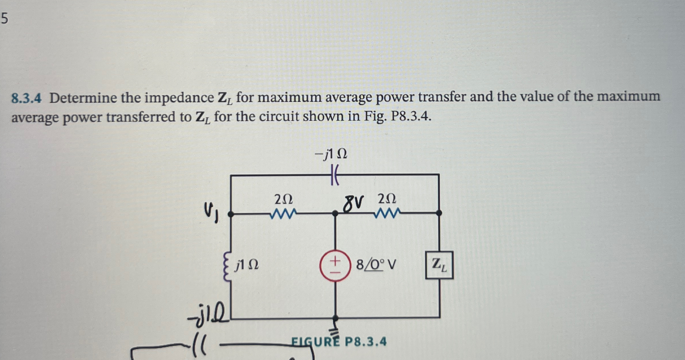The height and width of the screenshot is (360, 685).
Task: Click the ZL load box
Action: coord(439,265)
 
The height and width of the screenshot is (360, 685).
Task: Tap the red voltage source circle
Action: coord(335,265)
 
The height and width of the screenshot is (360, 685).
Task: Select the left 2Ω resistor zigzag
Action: coord(283,214)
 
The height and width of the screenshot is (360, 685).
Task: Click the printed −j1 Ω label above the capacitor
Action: coord(331,154)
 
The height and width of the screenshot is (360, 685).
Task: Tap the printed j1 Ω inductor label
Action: coord(247,265)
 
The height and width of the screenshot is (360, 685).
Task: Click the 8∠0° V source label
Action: coord(376,265)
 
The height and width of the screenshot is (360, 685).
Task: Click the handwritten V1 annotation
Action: coord(211,212)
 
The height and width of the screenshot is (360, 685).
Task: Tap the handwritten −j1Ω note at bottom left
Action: coord(208,314)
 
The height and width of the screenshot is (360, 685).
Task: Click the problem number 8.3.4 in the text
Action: coord(26,98)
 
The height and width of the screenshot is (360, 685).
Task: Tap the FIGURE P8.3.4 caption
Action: coord(339,341)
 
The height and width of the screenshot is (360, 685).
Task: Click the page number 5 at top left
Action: coord(4,19)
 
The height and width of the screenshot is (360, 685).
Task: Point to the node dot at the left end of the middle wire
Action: coord(231,214)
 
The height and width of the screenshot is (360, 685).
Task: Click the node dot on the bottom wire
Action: coord(335,317)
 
